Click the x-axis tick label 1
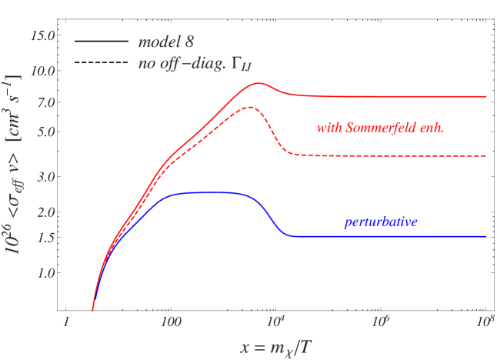click(x=66, y=321)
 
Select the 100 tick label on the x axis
click(x=171, y=321)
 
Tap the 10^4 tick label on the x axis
click(x=275, y=320)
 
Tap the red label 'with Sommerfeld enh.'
click(x=380, y=128)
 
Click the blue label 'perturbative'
click(x=380, y=222)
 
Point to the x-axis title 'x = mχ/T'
click(x=275, y=347)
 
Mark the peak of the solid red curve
click(x=259, y=83)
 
